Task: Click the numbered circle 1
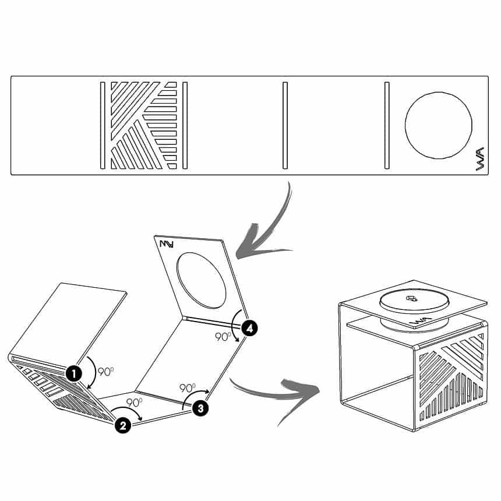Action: [74, 373]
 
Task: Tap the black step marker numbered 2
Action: [123, 425]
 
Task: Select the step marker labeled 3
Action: [200, 408]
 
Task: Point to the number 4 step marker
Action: [249, 328]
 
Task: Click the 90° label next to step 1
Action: [106, 372]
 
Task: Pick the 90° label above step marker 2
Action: [134, 403]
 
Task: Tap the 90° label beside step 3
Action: [188, 388]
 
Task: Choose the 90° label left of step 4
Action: [223, 337]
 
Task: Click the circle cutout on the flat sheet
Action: [438, 125]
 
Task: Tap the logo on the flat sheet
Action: [480, 159]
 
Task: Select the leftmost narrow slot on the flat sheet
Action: [103, 125]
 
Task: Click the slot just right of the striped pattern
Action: [185, 125]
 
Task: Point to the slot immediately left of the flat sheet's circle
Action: [387, 125]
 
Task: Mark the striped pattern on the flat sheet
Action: [144, 125]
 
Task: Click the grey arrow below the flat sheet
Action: [269, 230]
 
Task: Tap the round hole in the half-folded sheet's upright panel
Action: [202, 281]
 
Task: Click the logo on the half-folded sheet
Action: [167, 244]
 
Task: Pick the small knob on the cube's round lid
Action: [411, 298]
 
